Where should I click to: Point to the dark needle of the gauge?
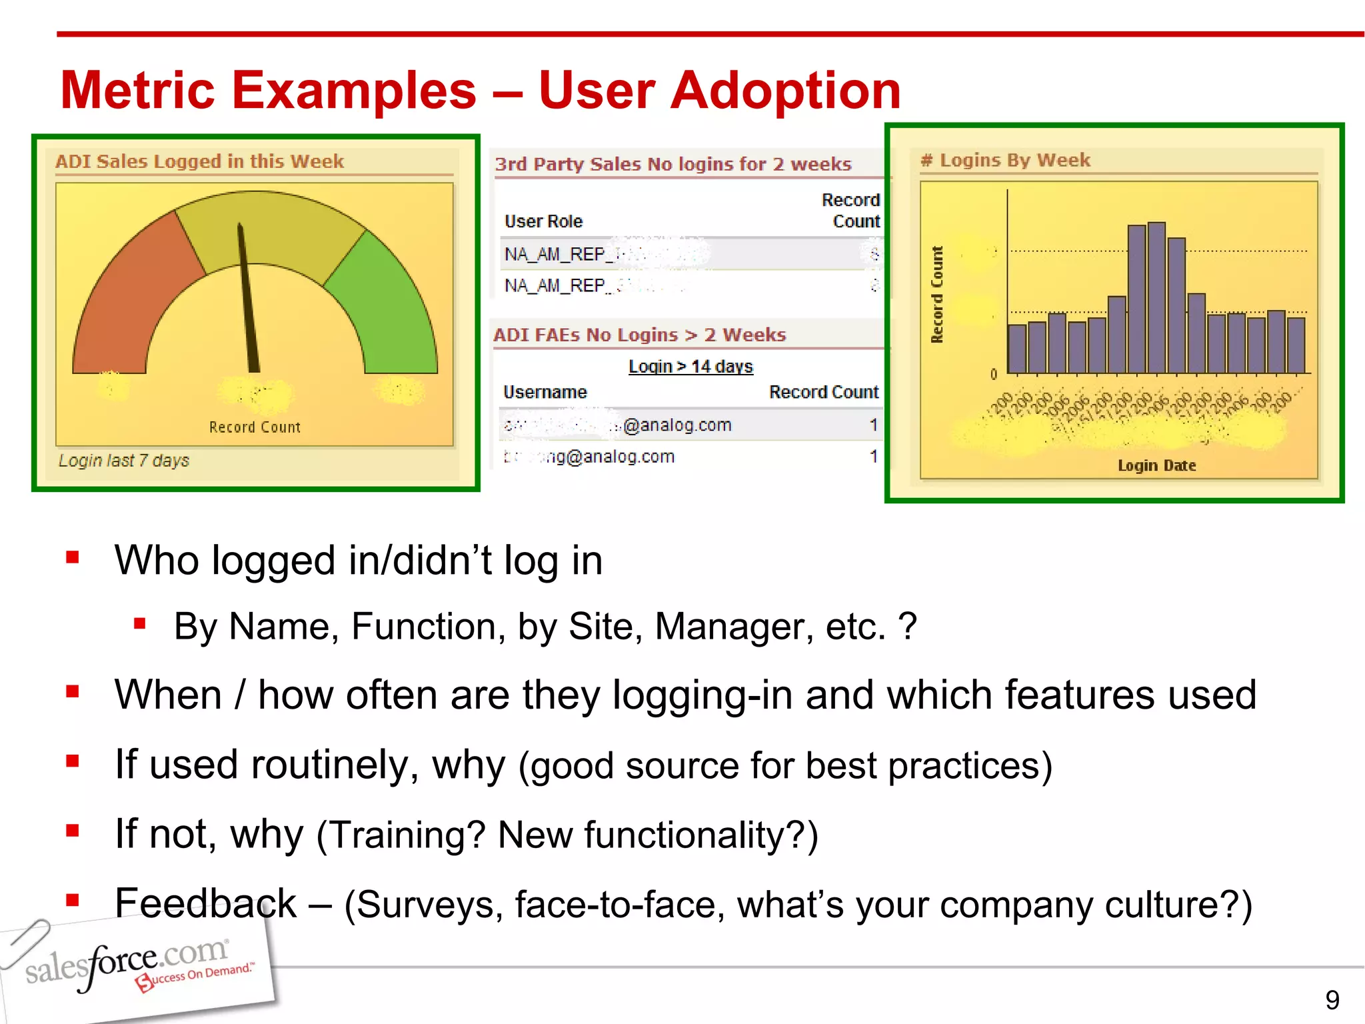tap(247, 300)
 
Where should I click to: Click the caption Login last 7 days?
tap(124, 461)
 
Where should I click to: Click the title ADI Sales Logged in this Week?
tap(199, 161)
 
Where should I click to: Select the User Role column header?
tap(543, 221)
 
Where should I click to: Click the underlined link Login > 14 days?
tap(690, 367)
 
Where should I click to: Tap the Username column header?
tap(545, 392)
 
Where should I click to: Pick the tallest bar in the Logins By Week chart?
tap(1156, 297)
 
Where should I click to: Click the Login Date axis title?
tap(1156, 465)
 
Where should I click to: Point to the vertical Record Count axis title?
tap(937, 295)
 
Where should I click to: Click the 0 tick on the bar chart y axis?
tap(993, 374)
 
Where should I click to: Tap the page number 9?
tap(1332, 1000)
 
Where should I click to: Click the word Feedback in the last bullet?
tap(205, 903)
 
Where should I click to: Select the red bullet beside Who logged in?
tap(73, 557)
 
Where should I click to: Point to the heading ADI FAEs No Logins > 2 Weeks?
tap(640, 335)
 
